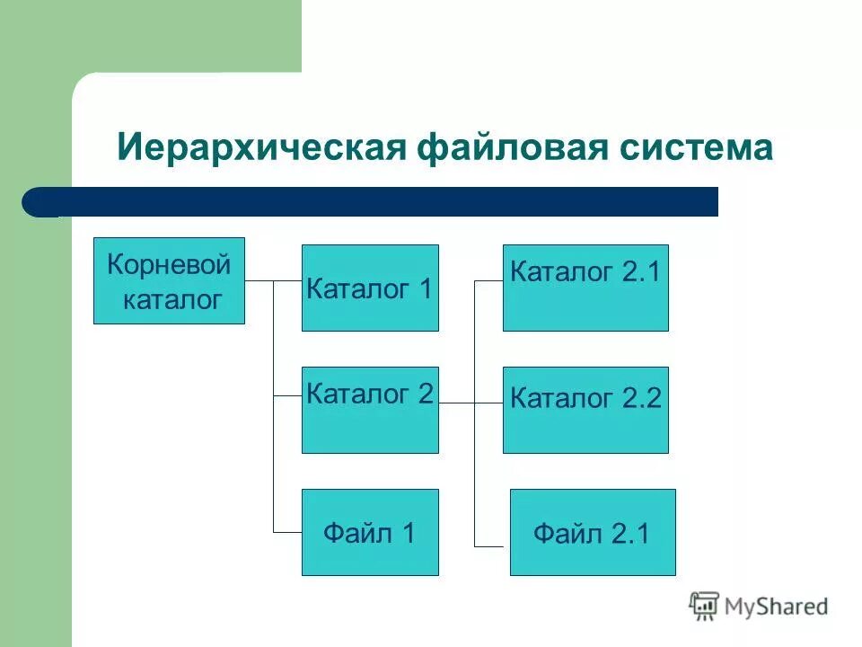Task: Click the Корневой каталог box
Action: pyautogui.click(x=169, y=281)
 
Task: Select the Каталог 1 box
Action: pyautogui.click(x=370, y=288)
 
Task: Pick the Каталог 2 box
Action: pyautogui.click(x=370, y=411)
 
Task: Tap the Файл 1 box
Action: pyautogui.click(x=370, y=533)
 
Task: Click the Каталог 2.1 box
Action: pyautogui.click(x=585, y=288)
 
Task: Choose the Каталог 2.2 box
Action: pyautogui.click(x=585, y=411)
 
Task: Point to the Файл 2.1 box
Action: pyautogui.click(x=593, y=533)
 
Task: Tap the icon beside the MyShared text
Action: pyautogui.click(x=704, y=607)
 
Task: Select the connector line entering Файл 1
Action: pyautogui.click(x=287, y=533)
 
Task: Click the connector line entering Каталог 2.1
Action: pyautogui.click(x=488, y=281)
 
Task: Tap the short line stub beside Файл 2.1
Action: pyautogui.click(x=488, y=545)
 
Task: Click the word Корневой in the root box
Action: pyautogui.click(x=169, y=265)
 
